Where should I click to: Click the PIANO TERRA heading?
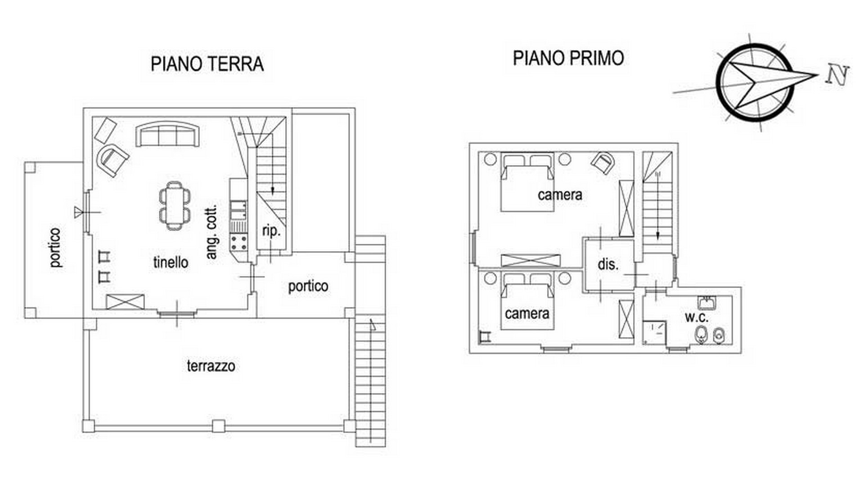[x=207, y=63]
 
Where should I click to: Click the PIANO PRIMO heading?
[x=568, y=58]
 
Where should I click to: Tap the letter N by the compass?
[x=837, y=75]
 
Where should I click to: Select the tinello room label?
[x=171, y=262]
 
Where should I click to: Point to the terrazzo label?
[x=211, y=365]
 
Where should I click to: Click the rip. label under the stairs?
[x=271, y=231]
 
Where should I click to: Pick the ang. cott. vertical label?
[x=211, y=232]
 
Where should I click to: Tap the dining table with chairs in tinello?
[x=175, y=206]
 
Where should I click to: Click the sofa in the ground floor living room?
[x=168, y=134]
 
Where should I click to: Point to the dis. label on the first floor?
[x=608, y=264]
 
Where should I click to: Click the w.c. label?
[x=697, y=317]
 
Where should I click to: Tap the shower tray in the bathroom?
[x=654, y=333]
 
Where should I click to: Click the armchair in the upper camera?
[x=603, y=162]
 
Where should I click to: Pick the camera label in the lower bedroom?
[x=527, y=313]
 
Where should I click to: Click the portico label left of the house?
[x=56, y=248]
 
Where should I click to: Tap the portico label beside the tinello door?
[x=308, y=286]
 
